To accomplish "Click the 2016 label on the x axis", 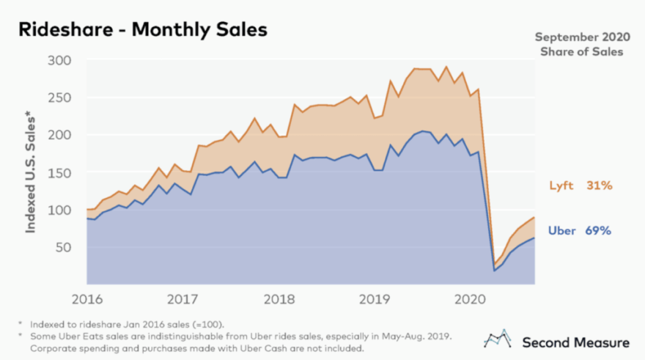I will pyautogui.click(x=87, y=298).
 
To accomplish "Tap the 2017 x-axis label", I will pyautogui.click(x=183, y=298).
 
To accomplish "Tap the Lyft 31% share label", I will pyautogui.click(x=580, y=186).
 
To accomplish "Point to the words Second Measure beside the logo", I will pyautogui.click(x=575, y=342).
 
